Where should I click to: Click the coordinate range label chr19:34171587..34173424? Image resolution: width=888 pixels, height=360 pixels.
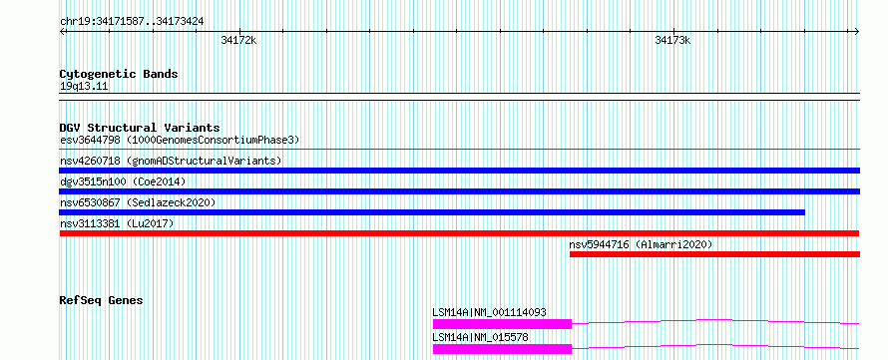(x=132, y=22)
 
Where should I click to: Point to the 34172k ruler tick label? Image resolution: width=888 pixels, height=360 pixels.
(x=238, y=40)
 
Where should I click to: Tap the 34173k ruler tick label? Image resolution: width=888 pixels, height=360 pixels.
(x=672, y=40)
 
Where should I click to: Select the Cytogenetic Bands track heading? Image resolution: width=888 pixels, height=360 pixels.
(x=119, y=74)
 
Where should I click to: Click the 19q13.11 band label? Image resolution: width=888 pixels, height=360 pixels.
(x=84, y=87)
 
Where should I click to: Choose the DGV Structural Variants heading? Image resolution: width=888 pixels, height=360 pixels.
(x=140, y=128)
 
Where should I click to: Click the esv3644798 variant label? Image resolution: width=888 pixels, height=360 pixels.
(x=90, y=140)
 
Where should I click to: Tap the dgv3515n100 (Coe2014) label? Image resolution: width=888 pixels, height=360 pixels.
(x=123, y=181)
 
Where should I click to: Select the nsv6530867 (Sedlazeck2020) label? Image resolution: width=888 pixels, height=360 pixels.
(x=138, y=202)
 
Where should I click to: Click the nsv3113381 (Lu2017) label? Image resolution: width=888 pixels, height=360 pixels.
(x=117, y=223)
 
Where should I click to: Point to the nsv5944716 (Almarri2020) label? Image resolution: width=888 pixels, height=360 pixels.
(x=641, y=244)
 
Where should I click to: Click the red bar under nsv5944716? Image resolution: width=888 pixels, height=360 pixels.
(x=714, y=254)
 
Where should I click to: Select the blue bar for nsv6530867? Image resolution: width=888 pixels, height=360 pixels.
(x=432, y=212)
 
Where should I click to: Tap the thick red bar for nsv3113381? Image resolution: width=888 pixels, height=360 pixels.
(x=459, y=233)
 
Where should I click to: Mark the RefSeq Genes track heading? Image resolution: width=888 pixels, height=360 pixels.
(x=101, y=300)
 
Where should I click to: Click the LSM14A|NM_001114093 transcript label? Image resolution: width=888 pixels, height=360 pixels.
(x=489, y=312)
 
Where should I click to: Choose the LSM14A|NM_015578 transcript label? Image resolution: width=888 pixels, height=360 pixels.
(x=480, y=337)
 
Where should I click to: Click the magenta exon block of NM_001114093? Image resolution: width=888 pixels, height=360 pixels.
(x=502, y=324)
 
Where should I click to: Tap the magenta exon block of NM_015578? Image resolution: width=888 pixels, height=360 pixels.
(x=502, y=349)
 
